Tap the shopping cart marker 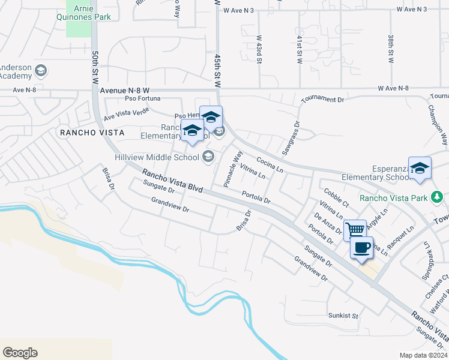[x=355, y=229]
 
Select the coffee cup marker [x=361, y=247]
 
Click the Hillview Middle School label [x=157, y=157]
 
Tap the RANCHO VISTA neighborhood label [x=91, y=132]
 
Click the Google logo [x=20, y=353]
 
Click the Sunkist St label [x=343, y=315]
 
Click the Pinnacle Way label [x=233, y=169]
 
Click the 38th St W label [x=390, y=49]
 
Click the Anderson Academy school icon [x=41, y=71]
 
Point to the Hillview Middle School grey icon [x=208, y=157]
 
